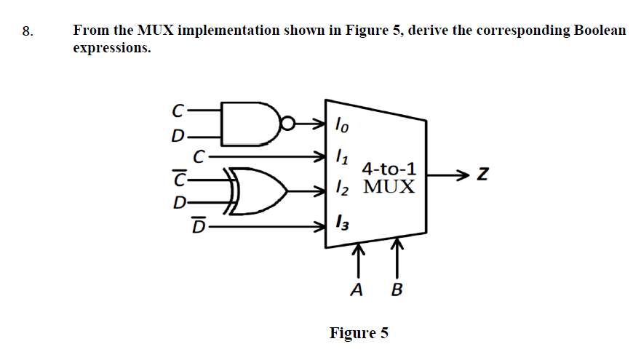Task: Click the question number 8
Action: [27, 31]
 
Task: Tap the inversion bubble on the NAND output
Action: [289, 124]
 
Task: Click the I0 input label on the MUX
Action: [341, 125]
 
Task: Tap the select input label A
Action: [357, 291]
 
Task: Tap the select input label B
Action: [397, 291]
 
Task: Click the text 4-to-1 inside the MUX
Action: [389, 169]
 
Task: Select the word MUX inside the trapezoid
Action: [389, 187]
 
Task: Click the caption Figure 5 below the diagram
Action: [359, 333]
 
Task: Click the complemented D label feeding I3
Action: [197, 226]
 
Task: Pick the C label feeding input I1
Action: [198, 155]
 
